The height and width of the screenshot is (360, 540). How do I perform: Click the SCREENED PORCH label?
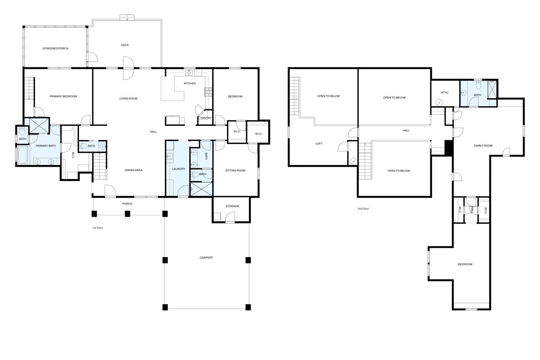point(55,49)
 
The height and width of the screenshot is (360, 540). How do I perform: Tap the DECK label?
point(125,45)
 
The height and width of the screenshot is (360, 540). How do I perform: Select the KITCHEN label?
point(190,84)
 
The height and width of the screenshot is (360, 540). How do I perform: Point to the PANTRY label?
point(206,118)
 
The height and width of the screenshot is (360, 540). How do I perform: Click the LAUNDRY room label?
point(179,169)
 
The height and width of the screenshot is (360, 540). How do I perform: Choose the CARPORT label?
point(206,258)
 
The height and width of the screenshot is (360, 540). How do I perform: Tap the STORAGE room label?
point(232,206)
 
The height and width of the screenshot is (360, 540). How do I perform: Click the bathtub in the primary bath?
point(22,155)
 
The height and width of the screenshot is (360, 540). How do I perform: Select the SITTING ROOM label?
point(235,171)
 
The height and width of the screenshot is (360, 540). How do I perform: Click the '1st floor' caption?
point(97,228)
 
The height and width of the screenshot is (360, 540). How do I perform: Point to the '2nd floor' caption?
point(363,209)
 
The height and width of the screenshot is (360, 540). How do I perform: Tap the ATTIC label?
point(445,92)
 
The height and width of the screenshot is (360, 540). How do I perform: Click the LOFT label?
point(319,144)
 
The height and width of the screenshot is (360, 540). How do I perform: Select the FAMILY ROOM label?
point(483,146)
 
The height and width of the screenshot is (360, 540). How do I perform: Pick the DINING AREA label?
point(134,170)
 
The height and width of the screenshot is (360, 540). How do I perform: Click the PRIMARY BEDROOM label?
point(63,97)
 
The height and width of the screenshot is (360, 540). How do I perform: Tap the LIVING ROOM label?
point(129,99)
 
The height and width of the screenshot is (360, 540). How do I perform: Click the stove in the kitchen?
point(208,92)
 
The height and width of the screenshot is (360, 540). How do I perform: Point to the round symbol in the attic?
point(439,103)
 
